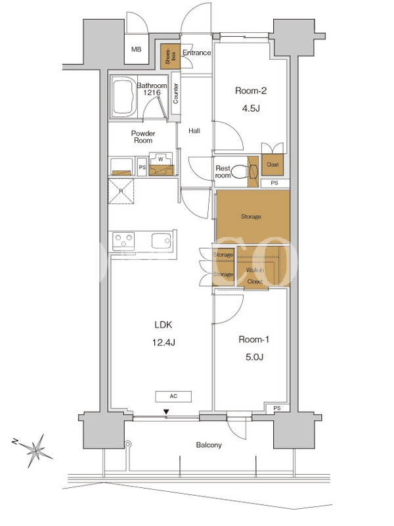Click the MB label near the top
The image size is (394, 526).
pos(136,49)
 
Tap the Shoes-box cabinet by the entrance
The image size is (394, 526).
pos(170,57)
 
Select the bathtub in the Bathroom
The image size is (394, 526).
pos(124,97)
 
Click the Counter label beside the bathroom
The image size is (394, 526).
pos(175,93)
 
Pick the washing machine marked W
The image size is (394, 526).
pos(161,164)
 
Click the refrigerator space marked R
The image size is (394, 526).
pos(121,191)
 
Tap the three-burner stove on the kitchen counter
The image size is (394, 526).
pos(123,241)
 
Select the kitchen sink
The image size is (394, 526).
pos(161,241)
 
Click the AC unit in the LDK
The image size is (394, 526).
pos(173,396)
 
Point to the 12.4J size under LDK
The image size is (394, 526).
pos(164,343)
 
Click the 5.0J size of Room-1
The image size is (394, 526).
pos(254,357)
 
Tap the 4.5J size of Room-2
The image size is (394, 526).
pos(251,108)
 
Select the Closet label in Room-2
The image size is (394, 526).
pos(273,165)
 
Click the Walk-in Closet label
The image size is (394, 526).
pos(255,275)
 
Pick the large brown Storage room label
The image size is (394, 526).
pos(251,217)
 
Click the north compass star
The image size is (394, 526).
pos(36,450)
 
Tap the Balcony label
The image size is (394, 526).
pos(209,445)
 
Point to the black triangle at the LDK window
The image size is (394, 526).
pos(166,412)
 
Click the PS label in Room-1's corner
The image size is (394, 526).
pos(276,408)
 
